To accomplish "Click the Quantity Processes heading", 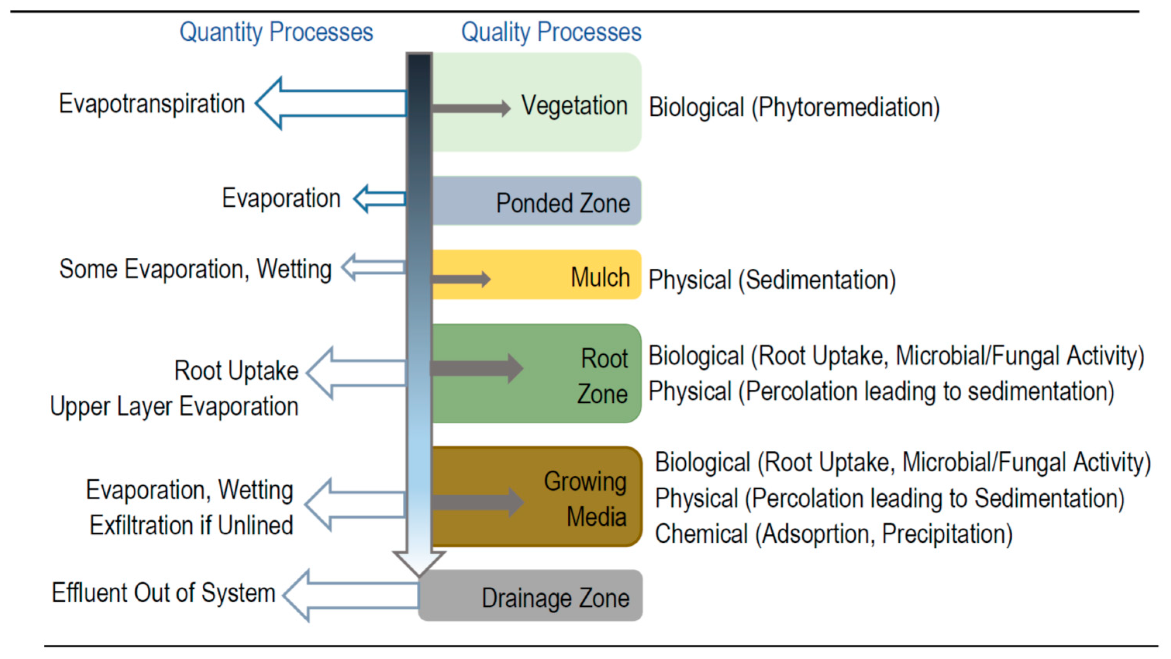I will coord(276,32).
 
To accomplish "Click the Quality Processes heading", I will coord(551,32).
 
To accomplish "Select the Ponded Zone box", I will coord(536,201).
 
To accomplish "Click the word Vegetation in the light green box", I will coord(574,106).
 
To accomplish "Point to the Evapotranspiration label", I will coord(152,104).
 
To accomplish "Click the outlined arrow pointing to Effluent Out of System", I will coord(350,595).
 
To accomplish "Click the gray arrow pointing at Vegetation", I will coord(471,108).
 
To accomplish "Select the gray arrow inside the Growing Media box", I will coord(477,502).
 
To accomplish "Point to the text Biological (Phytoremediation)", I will coord(794,108).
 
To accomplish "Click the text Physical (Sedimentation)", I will coord(771,279).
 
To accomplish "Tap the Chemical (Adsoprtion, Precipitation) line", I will coord(833,533).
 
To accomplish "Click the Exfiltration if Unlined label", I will coord(191,526).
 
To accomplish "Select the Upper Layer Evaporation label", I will coord(174,406).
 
